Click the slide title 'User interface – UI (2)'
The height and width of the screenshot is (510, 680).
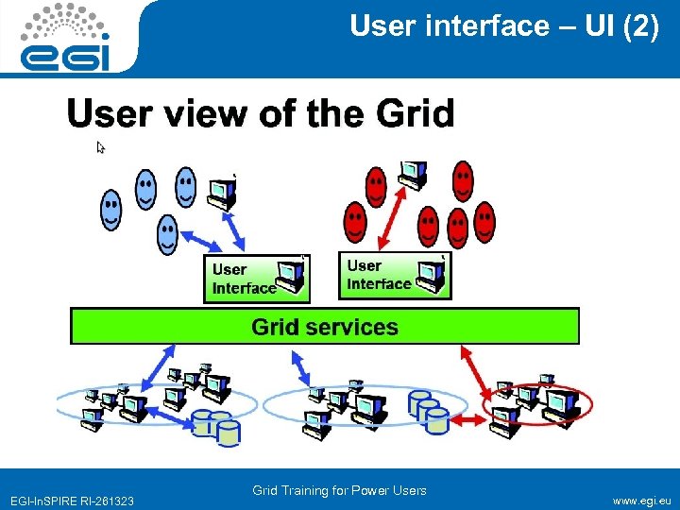point(504,26)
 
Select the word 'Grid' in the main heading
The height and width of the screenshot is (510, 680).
point(416,114)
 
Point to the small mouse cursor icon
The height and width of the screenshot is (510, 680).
point(101,147)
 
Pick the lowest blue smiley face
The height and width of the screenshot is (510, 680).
point(167,234)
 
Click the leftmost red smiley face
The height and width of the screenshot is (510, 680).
point(355,224)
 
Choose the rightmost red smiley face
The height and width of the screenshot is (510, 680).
point(484,222)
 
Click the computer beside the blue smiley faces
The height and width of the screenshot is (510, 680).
point(223,193)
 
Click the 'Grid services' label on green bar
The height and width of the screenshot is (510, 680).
point(324,327)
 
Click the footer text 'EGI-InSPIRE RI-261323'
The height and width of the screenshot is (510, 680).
point(72,501)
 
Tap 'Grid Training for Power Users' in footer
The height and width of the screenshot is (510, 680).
point(339,490)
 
